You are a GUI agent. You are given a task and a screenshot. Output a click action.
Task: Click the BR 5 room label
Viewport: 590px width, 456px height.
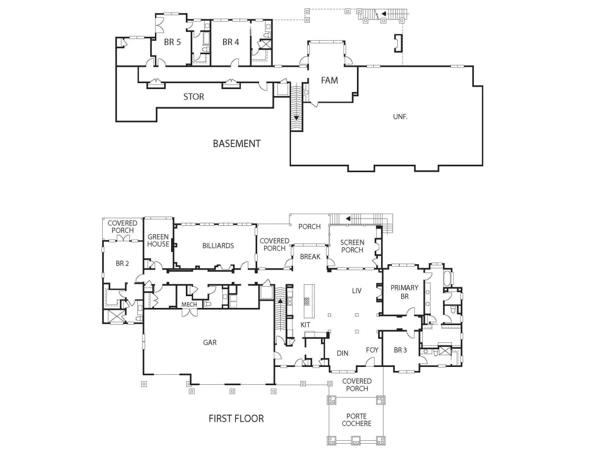[172, 42]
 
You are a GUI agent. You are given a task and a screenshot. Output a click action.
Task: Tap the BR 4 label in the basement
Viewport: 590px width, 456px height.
[231, 42]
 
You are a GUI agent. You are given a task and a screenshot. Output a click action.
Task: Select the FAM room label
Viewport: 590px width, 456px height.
[329, 80]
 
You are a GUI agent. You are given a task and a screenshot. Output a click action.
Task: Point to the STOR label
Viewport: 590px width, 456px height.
[194, 97]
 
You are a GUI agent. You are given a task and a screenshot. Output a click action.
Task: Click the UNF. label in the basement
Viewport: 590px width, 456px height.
[400, 117]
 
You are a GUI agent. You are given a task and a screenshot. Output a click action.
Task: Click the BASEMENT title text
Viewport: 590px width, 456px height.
[237, 144]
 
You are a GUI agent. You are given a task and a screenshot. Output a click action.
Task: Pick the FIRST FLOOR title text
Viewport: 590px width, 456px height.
[236, 419]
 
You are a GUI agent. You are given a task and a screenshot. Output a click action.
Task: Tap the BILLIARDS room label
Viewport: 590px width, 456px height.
[218, 246]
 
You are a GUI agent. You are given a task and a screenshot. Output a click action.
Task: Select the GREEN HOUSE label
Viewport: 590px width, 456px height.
[158, 241]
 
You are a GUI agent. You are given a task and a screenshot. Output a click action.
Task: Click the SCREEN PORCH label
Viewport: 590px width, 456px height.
[352, 246]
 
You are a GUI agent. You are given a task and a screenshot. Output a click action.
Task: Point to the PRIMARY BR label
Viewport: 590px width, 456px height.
[404, 292]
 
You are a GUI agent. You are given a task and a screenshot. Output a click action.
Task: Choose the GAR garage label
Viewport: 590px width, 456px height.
[210, 342]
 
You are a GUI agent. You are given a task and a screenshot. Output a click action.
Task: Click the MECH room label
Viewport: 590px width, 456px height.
[189, 304]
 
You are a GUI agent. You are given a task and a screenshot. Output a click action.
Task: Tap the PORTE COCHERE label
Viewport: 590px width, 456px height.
[356, 420]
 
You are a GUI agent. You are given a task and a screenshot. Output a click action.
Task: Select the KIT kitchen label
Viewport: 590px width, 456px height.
[305, 325]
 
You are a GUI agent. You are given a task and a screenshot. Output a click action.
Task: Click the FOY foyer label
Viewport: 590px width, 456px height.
[372, 350]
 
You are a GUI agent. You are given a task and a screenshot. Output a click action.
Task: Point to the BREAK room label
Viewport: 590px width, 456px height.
[310, 257]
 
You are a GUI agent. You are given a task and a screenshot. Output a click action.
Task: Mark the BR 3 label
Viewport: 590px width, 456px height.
[400, 350]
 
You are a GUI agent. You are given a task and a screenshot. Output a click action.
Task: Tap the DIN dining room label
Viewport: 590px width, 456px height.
[342, 353]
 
